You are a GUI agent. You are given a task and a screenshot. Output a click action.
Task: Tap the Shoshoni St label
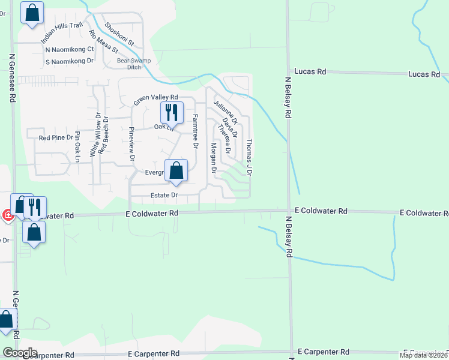pyautogui.click(x=119, y=35)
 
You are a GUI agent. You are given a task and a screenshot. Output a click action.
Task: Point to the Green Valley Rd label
pyautogui.click(x=156, y=100)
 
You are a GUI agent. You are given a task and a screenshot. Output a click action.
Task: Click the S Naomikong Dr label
pyautogui.click(x=70, y=61)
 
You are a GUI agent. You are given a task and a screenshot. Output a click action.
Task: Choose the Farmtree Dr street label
pyautogui.click(x=195, y=132)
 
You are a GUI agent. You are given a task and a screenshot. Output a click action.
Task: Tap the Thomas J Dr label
pyautogui.click(x=249, y=157)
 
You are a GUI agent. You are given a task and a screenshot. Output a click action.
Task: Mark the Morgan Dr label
pyautogui.click(x=213, y=156)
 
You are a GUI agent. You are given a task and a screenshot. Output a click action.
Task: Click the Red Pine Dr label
pyautogui.click(x=56, y=138)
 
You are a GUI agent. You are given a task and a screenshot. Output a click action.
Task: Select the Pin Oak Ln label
pyautogui.click(x=77, y=147)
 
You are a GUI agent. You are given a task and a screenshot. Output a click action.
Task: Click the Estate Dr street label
pyautogui.click(x=164, y=195)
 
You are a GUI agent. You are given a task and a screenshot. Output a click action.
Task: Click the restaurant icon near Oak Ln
pyautogui.click(x=171, y=112)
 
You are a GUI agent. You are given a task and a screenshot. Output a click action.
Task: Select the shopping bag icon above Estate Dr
pyautogui.click(x=176, y=171)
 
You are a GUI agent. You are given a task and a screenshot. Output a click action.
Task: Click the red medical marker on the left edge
pyautogui.click(x=7, y=215)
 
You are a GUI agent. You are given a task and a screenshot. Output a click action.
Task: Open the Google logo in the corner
pyautogui.click(x=19, y=353)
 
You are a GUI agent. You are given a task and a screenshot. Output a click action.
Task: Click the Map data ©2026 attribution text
pyautogui.click(x=424, y=355)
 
